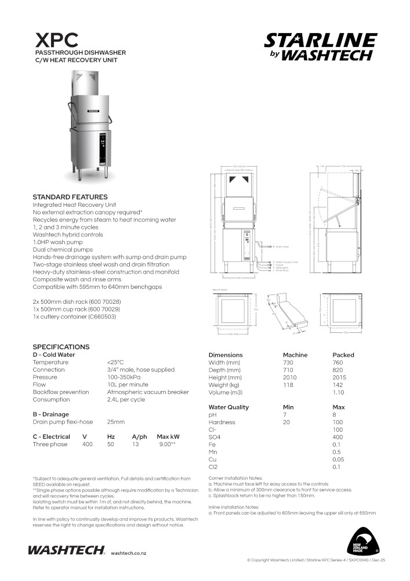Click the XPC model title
tap(57, 40)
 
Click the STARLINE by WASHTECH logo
tap(320, 46)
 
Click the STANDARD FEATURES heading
tap(70, 197)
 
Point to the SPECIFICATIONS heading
tap(61, 347)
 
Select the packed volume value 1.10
tap(338, 393)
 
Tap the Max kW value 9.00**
tap(167, 444)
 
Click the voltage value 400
tap(87, 444)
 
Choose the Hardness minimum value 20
tap(286, 422)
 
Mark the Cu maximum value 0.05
tap(338, 460)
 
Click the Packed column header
tap(343, 355)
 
